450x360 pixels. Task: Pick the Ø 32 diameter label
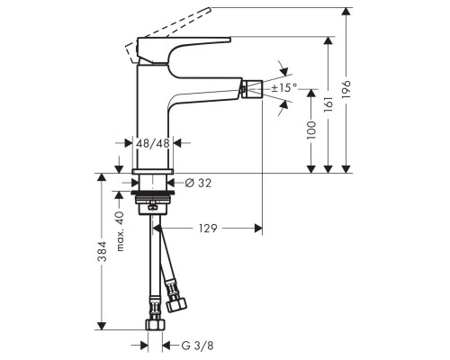point(198,183)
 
